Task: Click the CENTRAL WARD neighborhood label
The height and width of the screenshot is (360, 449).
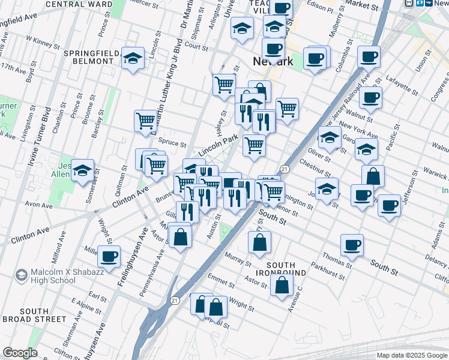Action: pos(77,4)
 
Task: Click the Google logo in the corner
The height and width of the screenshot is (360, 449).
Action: pos(20,353)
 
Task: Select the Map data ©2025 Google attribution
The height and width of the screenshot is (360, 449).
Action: pos(411,355)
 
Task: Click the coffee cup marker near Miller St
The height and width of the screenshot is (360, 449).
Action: pos(109,257)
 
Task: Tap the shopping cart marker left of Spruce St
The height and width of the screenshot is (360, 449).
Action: pos(146,122)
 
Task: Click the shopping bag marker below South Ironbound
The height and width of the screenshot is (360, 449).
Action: pos(282,285)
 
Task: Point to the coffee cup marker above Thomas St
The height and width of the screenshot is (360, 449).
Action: pos(352,245)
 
